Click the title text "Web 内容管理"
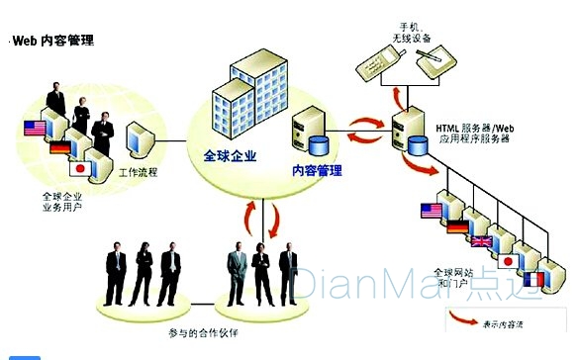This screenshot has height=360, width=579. click(52, 42)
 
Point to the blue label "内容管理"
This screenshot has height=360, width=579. click(317, 170)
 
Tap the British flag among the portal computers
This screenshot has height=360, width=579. click(482, 239)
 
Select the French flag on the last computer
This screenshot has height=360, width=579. click(531, 280)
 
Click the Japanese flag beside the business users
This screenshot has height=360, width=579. click(84, 167)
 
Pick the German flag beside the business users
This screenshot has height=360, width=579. click(59, 147)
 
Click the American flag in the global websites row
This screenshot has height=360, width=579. click(431, 210)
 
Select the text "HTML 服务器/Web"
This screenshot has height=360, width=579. click(474, 128)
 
